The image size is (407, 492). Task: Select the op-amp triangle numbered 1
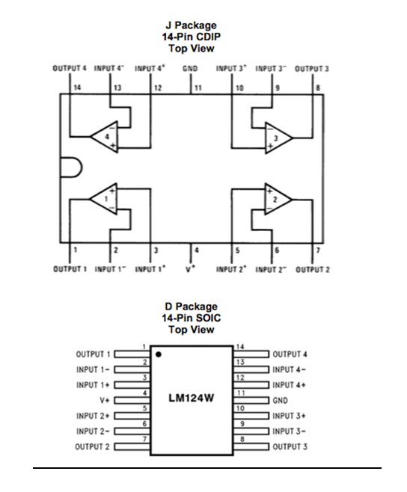[x=105, y=199]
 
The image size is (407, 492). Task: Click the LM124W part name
[x=194, y=399]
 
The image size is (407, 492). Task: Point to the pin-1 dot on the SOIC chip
[x=159, y=353]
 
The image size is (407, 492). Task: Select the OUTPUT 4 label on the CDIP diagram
[x=70, y=68]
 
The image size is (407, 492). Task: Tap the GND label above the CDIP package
[x=191, y=68]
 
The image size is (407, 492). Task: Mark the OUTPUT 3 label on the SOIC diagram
[x=290, y=446]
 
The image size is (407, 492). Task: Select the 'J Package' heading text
[x=192, y=25]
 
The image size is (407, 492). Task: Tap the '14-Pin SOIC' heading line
[x=192, y=318]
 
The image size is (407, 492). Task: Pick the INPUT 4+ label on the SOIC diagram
[x=290, y=384]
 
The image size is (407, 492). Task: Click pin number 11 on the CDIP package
[x=198, y=88]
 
